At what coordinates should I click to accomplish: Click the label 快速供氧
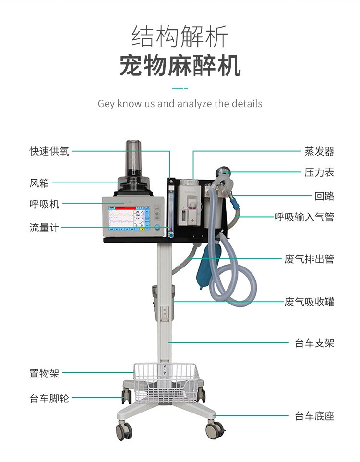pos(49,151)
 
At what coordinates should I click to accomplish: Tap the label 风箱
pos(39,183)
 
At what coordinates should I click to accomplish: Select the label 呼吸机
pos(44,204)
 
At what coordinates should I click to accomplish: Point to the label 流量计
pos(44,228)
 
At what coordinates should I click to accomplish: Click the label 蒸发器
pos(319,151)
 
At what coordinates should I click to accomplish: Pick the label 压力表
pos(319,172)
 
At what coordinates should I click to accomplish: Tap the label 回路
pos(324,196)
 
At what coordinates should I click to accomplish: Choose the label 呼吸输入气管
pos(304,217)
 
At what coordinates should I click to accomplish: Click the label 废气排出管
pos(309,259)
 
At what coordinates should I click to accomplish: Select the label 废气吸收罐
pos(309,302)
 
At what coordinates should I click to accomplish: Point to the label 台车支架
pos(314,343)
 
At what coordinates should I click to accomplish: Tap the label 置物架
pos(44,373)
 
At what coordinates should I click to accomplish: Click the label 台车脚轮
pos(49,398)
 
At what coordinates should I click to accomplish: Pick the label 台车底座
pos(314,416)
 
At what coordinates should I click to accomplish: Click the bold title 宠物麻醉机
pos(180,65)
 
